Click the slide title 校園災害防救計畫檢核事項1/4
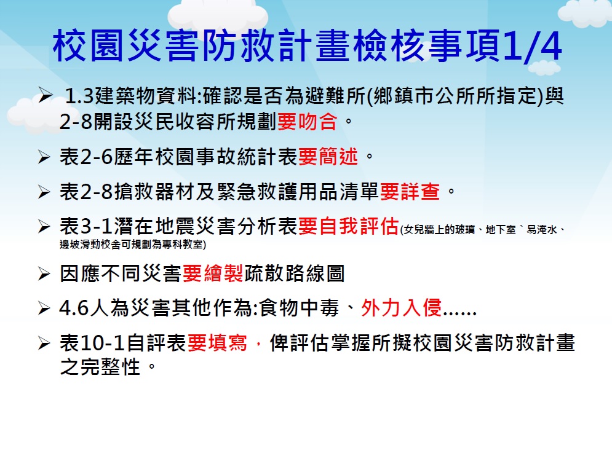tap(308, 46)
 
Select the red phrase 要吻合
tap(307, 122)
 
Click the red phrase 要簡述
tap(328, 157)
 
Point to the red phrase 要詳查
tap(410, 192)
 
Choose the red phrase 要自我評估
tap(349, 226)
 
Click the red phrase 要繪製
tap(213, 273)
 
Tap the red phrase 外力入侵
tap(402, 308)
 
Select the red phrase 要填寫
tap(217, 343)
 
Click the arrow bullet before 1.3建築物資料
tap(45, 96)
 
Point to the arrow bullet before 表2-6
tap(44, 157)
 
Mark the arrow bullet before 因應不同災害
tap(44, 274)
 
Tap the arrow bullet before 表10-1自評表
tap(44, 344)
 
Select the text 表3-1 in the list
tap(86, 226)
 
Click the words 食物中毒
tap(299, 308)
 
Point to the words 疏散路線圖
tap(294, 273)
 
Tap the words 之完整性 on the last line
tap(100, 367)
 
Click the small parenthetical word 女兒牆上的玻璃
tap(439, 230)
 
